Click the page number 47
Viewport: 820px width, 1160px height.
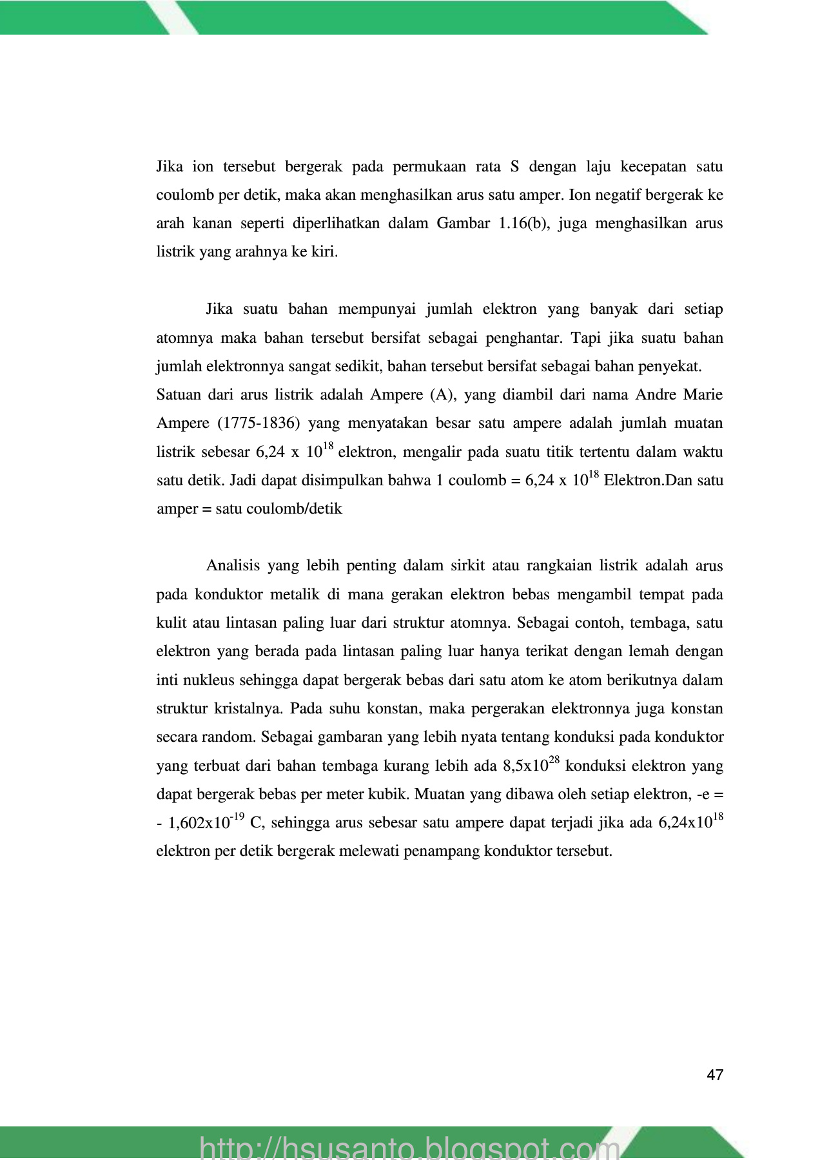715,1074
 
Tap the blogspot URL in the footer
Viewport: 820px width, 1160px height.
410,1145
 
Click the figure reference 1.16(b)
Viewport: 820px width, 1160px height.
520,223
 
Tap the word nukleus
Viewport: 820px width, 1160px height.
205,680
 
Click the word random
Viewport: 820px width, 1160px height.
229,737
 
